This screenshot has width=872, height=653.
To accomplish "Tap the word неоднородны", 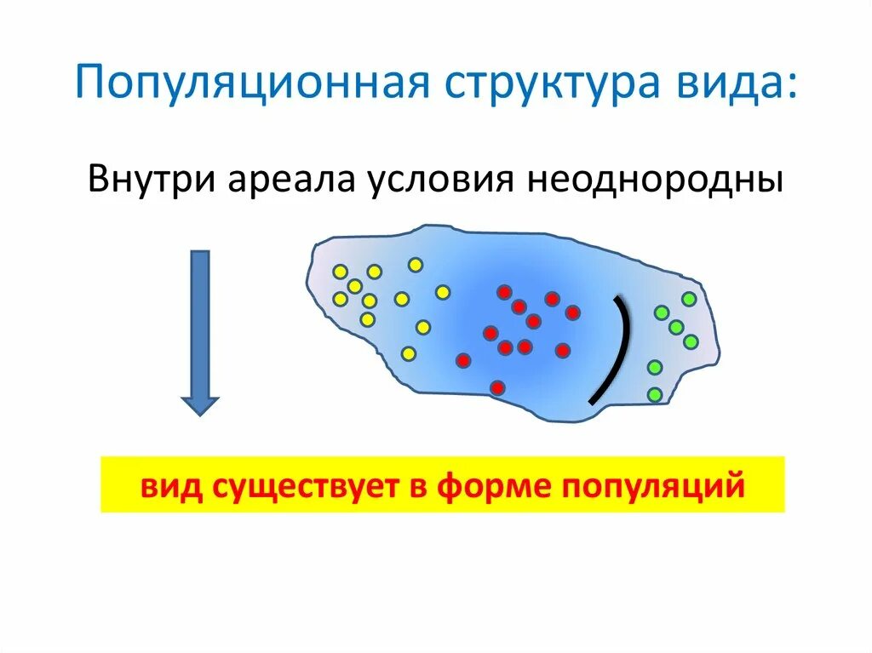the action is click(657, 181).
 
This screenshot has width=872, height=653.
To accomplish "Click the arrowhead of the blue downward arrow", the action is click(201, 404).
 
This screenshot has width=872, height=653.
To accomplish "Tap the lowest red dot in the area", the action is click(497, 387).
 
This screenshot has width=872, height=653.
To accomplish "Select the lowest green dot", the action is click(655, 394).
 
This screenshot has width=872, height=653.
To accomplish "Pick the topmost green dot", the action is click(689, 299).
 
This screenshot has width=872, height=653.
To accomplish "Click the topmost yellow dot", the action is click(415, 265).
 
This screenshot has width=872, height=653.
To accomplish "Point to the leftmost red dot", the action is click(462, 360).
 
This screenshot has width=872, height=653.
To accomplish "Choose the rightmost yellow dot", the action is click(442, 292).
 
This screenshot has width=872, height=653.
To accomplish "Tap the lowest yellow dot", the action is click(408, 352).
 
